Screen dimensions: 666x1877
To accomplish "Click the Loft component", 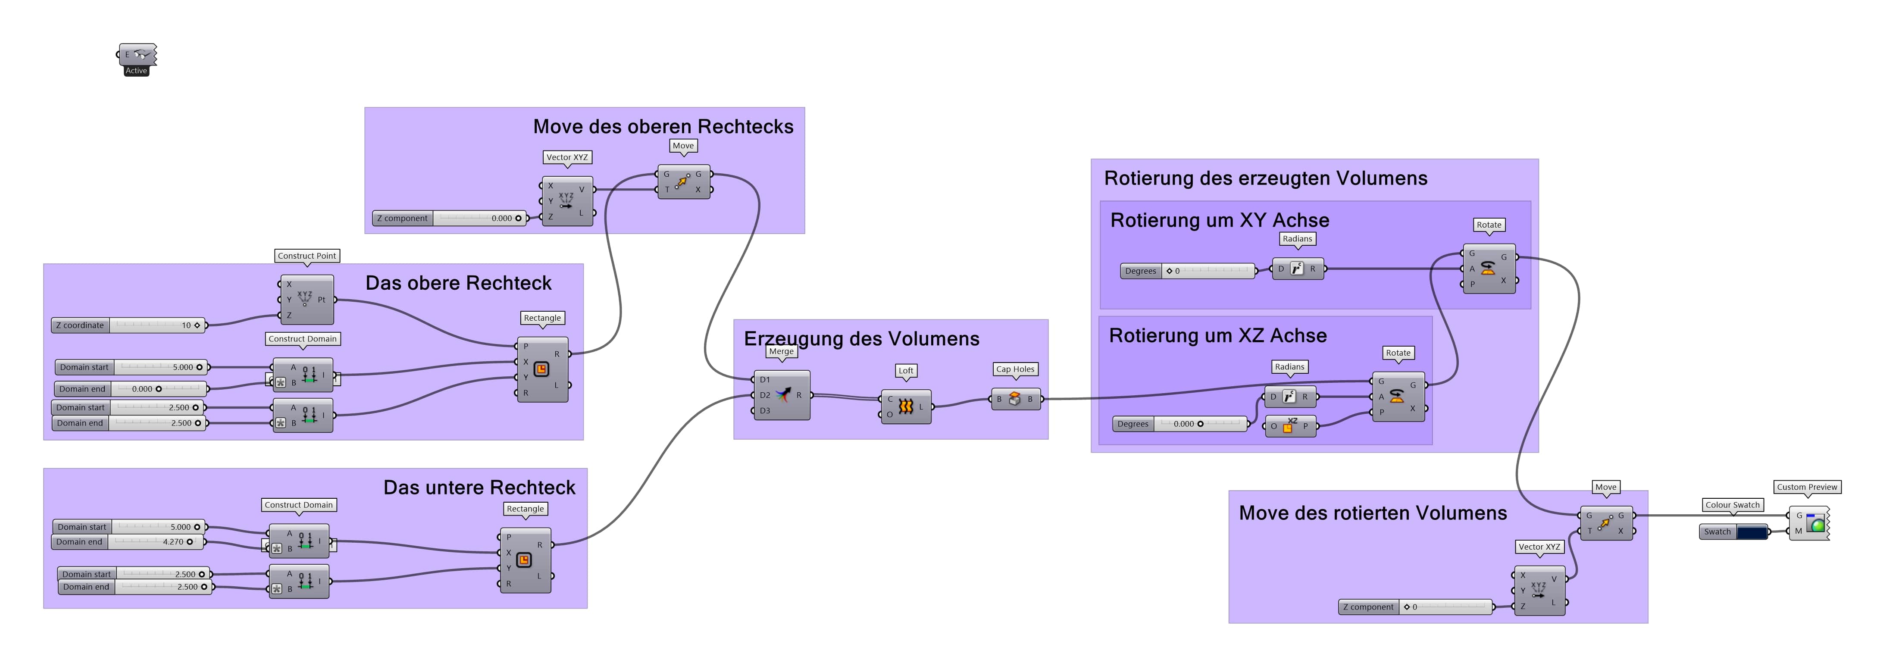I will [x=906, y=406].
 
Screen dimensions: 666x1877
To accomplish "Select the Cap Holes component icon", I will [x=1014, y=399].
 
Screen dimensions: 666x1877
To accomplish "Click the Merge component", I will [x=782, y=395].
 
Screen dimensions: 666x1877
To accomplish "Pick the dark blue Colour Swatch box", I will [x=1752, y=532].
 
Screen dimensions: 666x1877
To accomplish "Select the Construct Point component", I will [x=306, y=300].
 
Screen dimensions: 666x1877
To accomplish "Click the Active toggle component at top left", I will [x=138, y=55].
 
